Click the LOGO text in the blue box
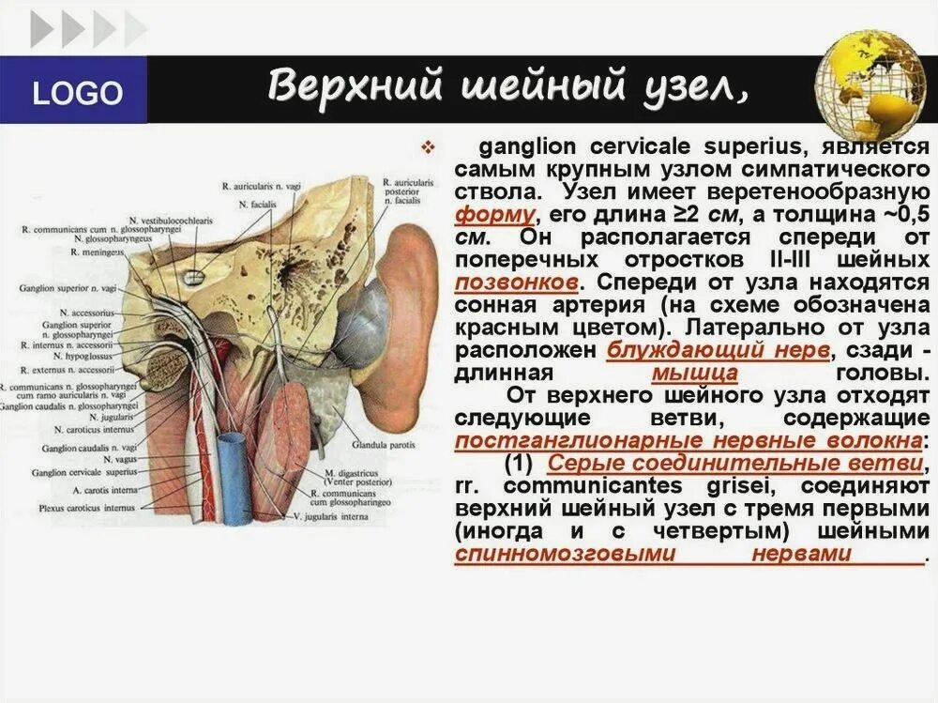point(77,93)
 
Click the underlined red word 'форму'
point(494,214)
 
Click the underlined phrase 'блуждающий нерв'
point(719,350)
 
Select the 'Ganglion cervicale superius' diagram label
point(83,473)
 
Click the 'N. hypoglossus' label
point(88,357)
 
